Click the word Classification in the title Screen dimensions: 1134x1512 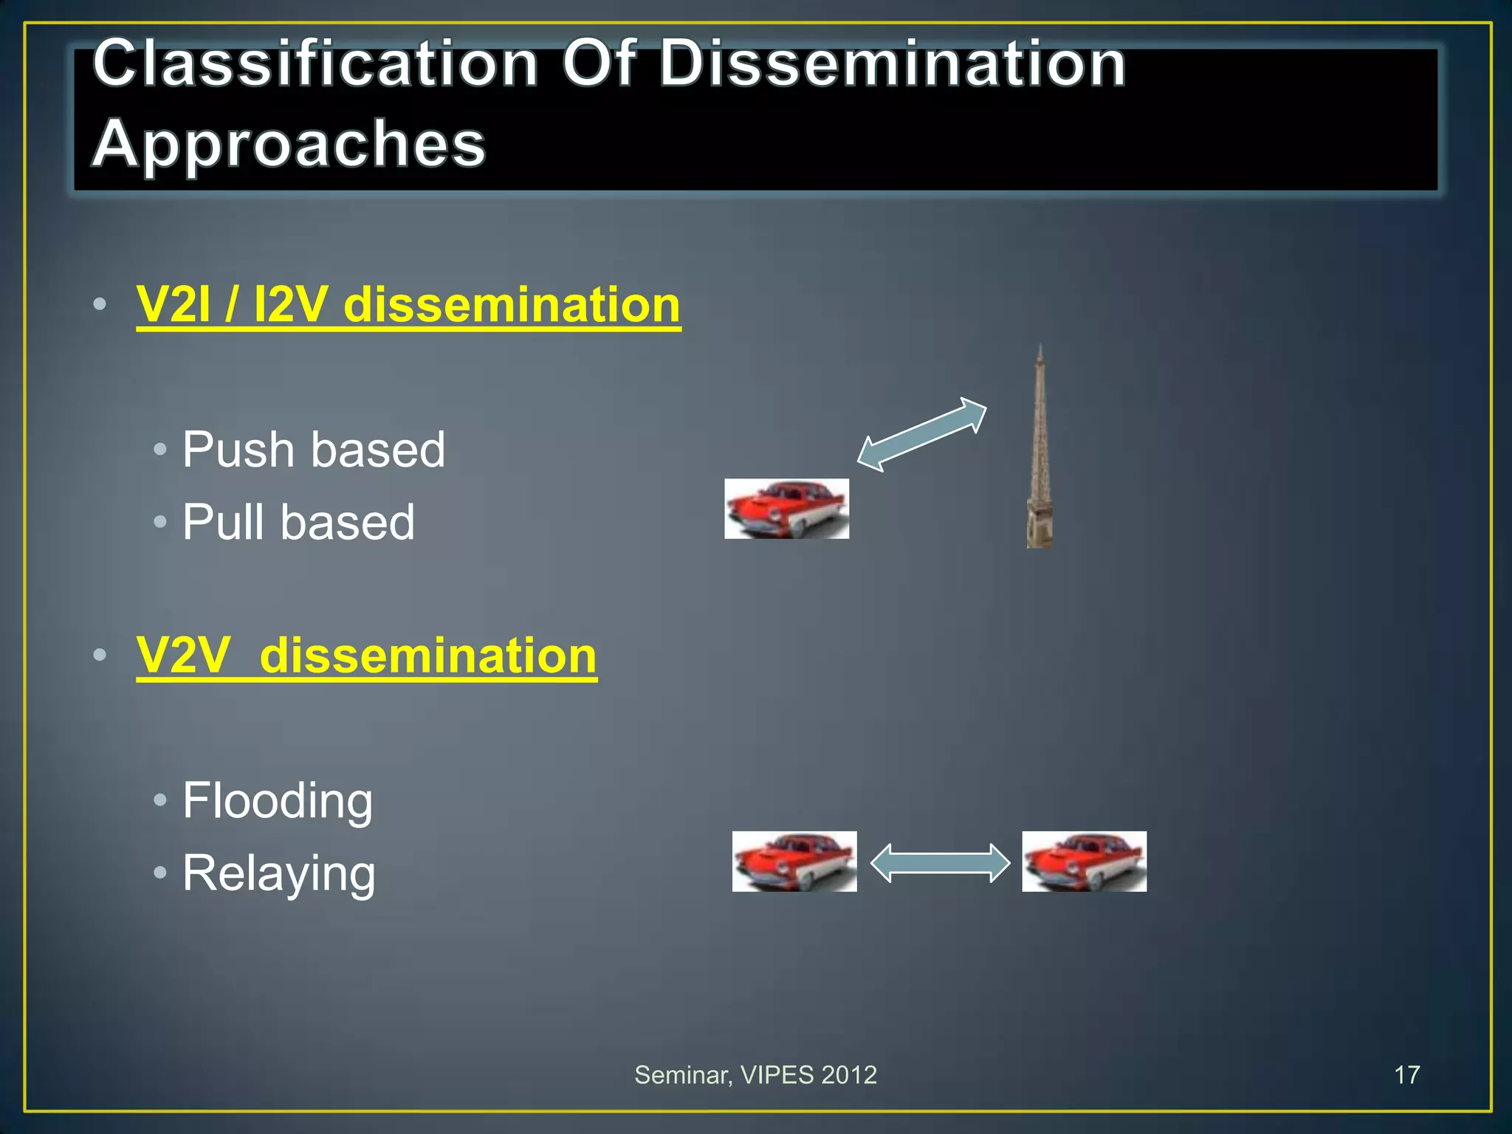click(315, 64)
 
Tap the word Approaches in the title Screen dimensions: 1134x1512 click(289, 143)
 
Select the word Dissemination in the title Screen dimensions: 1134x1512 click(892, 64)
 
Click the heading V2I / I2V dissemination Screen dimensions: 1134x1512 click(408, 305)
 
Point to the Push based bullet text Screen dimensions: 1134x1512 click(314, 450)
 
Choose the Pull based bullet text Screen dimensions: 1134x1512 click(298, 522)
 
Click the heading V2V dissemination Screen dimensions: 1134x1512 click(366, 656)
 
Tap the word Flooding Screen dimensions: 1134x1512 click(278, 800)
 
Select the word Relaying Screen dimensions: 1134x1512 click(279, 873)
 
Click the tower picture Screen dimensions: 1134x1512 click(1039, 458)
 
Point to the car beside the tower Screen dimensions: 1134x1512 click(786, 509)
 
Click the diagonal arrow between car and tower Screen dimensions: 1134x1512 click(922, 434)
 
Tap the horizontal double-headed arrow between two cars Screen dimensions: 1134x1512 click(940, 862)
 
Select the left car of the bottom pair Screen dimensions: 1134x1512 click(794, 862)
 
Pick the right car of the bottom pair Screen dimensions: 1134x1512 click(1084, 862)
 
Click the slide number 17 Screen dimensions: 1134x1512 click(1406, 1075)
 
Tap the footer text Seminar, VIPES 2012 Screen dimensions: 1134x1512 click(755, 1075)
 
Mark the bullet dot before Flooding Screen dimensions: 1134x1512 click(160, 800)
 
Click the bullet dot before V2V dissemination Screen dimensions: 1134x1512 click(100, 656)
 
